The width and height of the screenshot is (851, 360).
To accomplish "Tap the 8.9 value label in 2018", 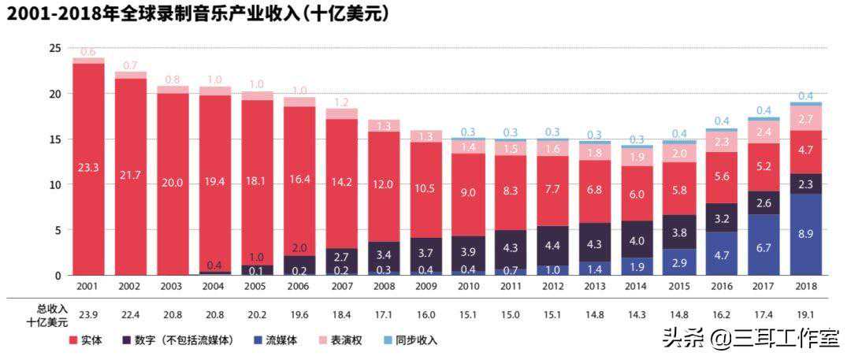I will [x=806, y=235].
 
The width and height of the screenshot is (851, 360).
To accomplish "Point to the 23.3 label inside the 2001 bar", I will [x=88, y=167].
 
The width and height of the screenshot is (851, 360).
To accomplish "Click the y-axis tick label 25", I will [x=54, y=48].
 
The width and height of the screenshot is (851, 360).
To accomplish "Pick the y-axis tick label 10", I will [x=54, y=185].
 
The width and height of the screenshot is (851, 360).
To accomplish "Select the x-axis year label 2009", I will [x=426, y=288].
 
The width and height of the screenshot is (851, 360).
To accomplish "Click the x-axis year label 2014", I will [x=637, y=288].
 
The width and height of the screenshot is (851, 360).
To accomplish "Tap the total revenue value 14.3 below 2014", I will [x=637, y=314].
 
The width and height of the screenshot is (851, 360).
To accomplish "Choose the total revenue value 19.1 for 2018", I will [x=806, y=314].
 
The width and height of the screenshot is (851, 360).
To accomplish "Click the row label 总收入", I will [x=52, y=308].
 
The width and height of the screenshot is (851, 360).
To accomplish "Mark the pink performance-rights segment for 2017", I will [x=764, y=132].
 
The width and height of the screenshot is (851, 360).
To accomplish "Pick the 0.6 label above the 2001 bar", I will [x=88, y=52].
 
